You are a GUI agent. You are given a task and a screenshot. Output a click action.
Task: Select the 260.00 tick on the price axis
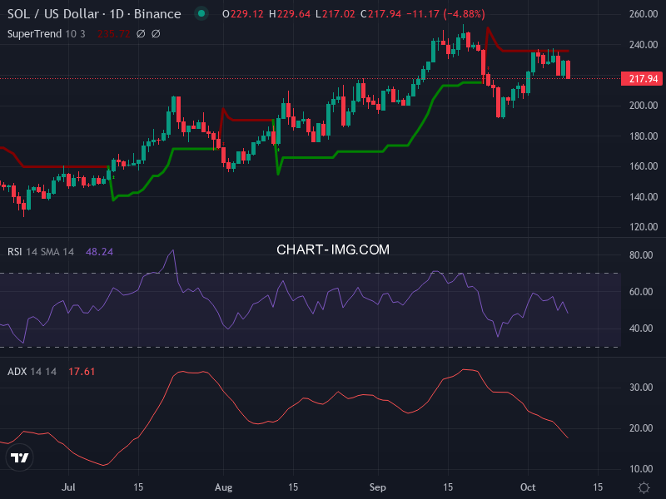point(644,15)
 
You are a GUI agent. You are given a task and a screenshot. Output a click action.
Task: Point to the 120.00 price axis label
point(644,227)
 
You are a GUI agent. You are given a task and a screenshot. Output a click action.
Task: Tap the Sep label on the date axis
point(378,487)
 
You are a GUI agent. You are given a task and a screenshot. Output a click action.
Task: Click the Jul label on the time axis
point(69,487)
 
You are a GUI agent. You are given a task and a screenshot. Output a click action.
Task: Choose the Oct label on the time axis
point(527,487)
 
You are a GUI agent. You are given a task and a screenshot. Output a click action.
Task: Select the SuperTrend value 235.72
point(112,33)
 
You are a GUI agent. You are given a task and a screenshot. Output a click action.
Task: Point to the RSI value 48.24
point(100,251)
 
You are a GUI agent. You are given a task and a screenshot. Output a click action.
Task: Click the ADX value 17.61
point(82,371)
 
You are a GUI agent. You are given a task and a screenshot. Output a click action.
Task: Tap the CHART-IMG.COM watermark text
point(333,249)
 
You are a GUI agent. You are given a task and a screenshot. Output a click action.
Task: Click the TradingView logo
point(19,457)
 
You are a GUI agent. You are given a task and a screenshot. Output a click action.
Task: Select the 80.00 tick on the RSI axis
point(640,255)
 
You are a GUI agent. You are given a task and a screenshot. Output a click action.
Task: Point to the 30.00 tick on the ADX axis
point(640,388)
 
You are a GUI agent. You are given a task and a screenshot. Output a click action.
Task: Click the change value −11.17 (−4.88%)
point(445,14)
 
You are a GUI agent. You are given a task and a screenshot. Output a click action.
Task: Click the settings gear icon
point(644,487)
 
